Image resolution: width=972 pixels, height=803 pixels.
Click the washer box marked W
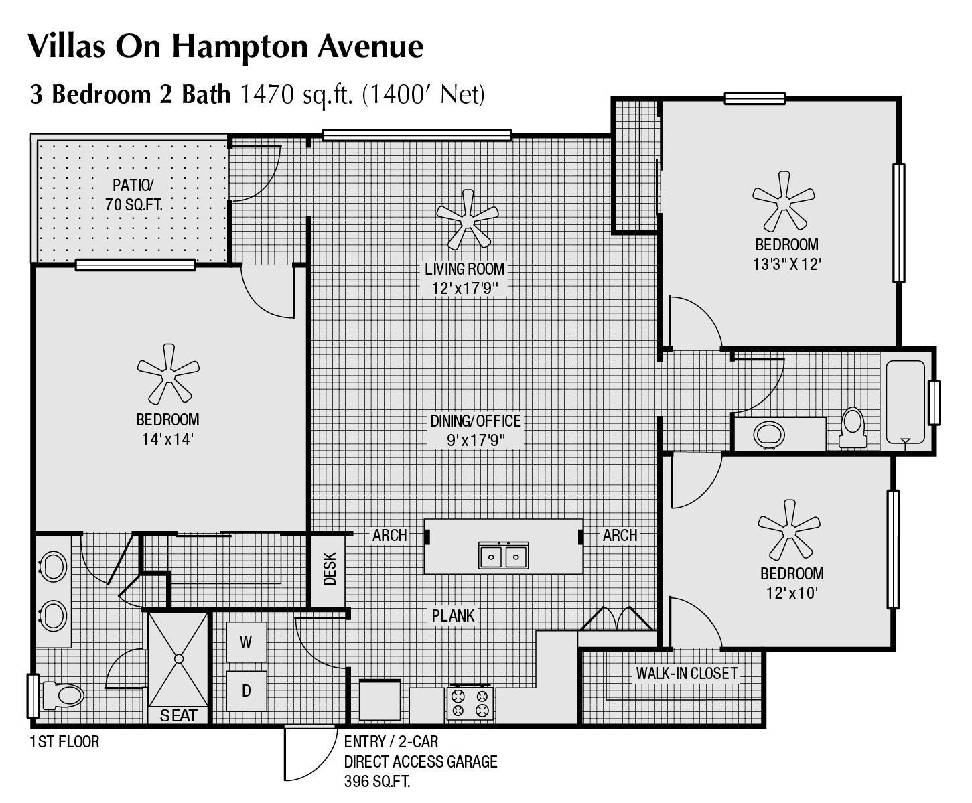coord(246,642)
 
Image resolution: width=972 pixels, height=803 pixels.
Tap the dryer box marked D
coord(246,690)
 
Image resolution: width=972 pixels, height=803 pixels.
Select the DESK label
coord(329,569)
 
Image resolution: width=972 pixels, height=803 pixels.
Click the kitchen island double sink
coord(503,555)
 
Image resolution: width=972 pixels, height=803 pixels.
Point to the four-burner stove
coord(470,703)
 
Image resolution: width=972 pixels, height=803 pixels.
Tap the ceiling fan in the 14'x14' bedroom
coord(167,372)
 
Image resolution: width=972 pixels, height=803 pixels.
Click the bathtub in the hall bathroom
coord(906,402)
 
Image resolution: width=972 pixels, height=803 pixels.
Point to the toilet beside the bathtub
coord(853,427)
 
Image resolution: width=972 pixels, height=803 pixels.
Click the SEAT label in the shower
coord(178,715)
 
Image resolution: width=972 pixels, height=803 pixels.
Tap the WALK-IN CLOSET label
coord(686,673)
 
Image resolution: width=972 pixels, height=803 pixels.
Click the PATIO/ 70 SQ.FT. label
coord(133,194)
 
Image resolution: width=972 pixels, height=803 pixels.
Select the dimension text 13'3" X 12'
coord(786,264)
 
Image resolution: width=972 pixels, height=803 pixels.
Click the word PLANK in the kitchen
coord(453,615)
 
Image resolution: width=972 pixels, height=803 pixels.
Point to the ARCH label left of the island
coord(389,535)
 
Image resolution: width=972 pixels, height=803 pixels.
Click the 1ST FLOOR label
coord(64,741)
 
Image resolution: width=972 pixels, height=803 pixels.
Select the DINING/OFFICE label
coord(475,421)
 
